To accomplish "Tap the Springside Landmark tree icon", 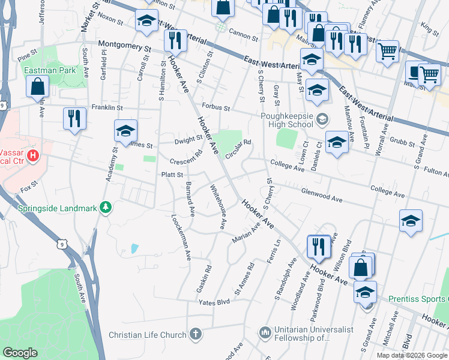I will tap(106, 208).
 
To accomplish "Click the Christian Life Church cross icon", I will tap(194, 334).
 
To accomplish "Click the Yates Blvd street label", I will tap(215, 302).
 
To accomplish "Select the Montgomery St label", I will tap(124, 45).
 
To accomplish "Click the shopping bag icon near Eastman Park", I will tap(38, 86).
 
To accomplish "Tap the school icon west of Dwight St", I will tap(125, 130).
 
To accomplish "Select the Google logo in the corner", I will tap(21, 353).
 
